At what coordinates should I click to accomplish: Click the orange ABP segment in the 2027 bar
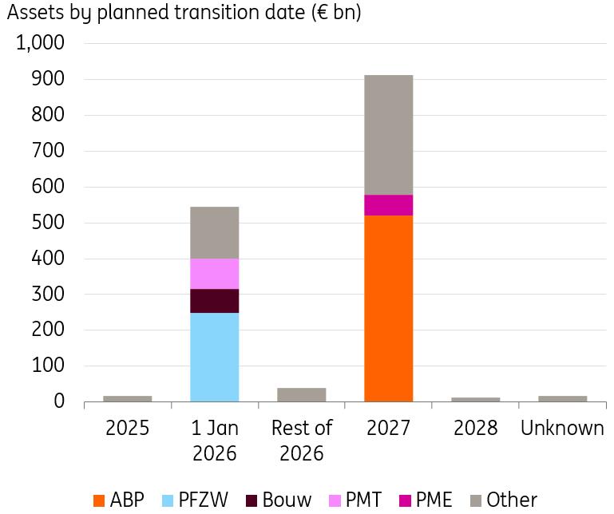coord(388,308)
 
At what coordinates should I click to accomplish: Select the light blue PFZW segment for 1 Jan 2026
coord(215,357)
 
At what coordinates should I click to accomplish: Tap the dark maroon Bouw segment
coord(215,301)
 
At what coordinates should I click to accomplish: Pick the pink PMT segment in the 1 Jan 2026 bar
coord(215,274)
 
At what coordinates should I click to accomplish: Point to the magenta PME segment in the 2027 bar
coord(388,205)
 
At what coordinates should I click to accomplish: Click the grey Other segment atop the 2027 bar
coord(388,135)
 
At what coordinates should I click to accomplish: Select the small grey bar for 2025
coord(128,398)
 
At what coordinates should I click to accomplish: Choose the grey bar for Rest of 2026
coord(301,394)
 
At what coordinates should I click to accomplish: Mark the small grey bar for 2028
coord(475,399)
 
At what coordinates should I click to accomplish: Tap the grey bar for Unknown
coord(562,398)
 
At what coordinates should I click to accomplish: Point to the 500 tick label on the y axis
coord(47,223)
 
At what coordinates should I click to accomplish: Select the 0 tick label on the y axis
coord(57,401)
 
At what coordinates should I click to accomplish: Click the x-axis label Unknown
coord(562,428)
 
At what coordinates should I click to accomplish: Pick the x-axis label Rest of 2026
coord(301,441)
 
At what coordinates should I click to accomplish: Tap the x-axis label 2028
coord(475,428)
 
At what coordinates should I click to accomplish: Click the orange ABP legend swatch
coord(99,500)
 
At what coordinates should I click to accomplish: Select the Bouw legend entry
coord(279,500)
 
